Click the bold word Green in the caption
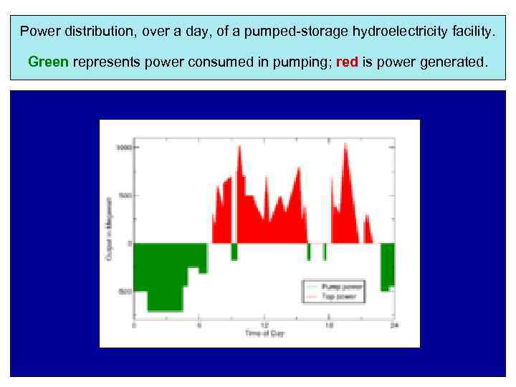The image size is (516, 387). [48, 62]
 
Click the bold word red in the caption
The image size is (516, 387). [347, 62]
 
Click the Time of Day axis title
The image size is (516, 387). [264, 334]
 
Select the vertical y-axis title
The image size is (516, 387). [110, 228]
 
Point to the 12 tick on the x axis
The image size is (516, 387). [264, 325]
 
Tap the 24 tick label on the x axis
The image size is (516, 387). [393, 325]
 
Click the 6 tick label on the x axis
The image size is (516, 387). [199, 325]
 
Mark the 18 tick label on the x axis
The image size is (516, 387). [329, 325]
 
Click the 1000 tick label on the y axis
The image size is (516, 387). [124, 148]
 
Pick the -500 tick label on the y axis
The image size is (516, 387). [124, 292]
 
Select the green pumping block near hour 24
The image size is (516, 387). [388, 265]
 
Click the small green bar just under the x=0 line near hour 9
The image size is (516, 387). [234, 251]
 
